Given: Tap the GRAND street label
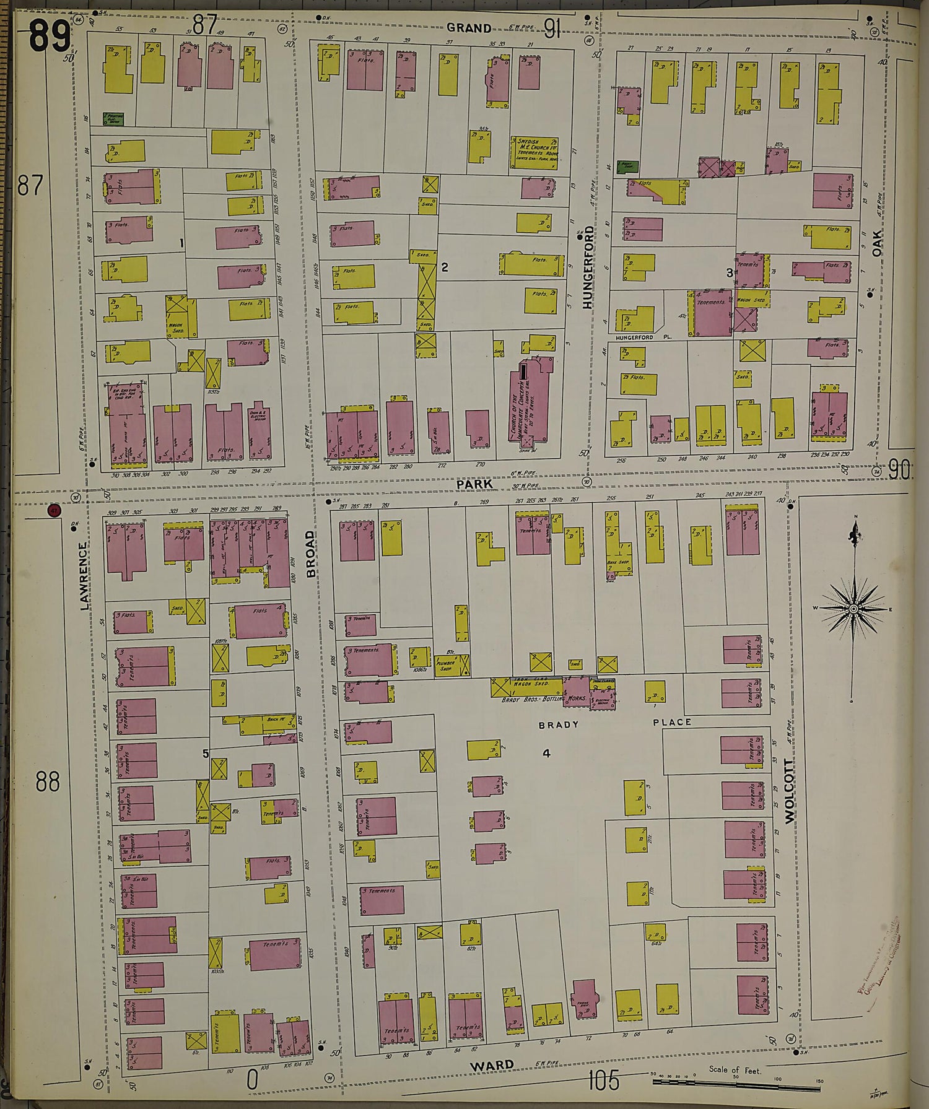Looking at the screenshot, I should click(469, 28).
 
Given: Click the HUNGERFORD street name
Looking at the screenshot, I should click(588, 267).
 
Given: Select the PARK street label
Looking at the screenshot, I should click(474, 483).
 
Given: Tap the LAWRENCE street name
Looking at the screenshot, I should click(85, 576).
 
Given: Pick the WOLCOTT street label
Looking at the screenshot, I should click(789, 790).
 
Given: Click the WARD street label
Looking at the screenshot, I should click(491, 1065).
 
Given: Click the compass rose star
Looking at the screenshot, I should click(853, 609).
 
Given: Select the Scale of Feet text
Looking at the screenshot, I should click(735, 1070).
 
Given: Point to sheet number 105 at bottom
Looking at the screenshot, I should click(603, 1081).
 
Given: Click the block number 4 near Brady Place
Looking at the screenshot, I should click(546, 754).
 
